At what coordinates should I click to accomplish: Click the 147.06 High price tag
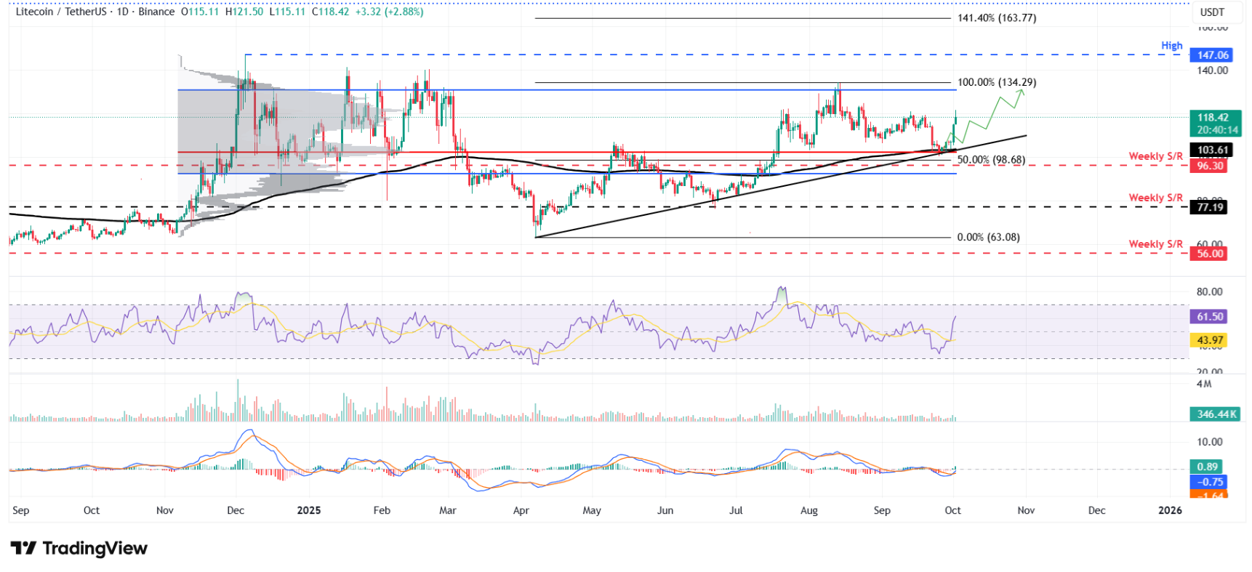[1213, 55]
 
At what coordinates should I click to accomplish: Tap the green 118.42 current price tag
[1213, 118]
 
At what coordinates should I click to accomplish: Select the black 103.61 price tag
[1212, 150]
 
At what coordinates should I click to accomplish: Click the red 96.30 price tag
[1210, 166]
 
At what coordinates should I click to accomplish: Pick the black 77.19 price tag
[1210, 207]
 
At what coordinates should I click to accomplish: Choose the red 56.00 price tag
[1210, 254]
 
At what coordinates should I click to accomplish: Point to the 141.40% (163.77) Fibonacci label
[996, 18]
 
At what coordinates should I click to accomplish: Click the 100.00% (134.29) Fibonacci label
[996, 82]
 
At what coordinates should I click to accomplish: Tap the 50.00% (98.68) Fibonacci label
[990, 160]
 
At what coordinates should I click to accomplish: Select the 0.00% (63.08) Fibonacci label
[988, 238]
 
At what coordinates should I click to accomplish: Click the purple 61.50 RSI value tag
[1210, 317]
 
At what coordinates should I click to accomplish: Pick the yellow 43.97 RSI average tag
[1210, 340]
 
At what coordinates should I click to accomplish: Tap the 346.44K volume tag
[1216, 414]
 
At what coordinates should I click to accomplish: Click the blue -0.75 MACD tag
[1210, 482]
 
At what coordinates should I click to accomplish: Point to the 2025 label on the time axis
[309, 510]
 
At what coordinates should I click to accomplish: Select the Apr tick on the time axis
[521, 510]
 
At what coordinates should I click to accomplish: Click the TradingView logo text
[95, 548]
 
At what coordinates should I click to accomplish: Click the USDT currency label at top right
[1212, 12]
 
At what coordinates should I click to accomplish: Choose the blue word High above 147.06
[1171, 45]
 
